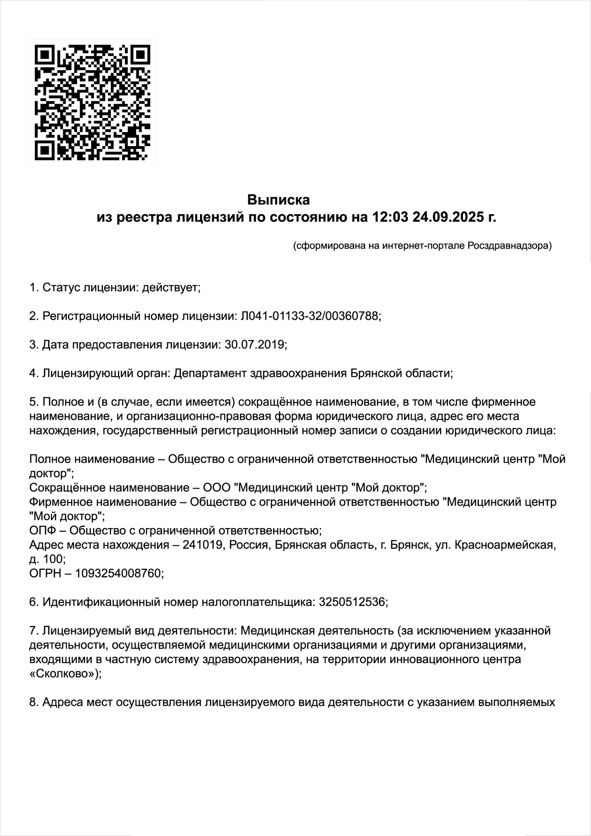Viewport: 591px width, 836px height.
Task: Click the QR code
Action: [92, 102]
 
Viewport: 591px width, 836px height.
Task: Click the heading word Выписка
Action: [278, 199]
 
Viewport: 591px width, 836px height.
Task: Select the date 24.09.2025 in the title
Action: [448, 217]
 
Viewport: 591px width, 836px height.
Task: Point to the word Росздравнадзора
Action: [509, 246]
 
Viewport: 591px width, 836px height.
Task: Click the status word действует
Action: [170, 287]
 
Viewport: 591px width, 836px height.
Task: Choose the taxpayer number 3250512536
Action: [352, 602]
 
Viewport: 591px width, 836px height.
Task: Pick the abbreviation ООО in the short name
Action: [216, 488]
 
